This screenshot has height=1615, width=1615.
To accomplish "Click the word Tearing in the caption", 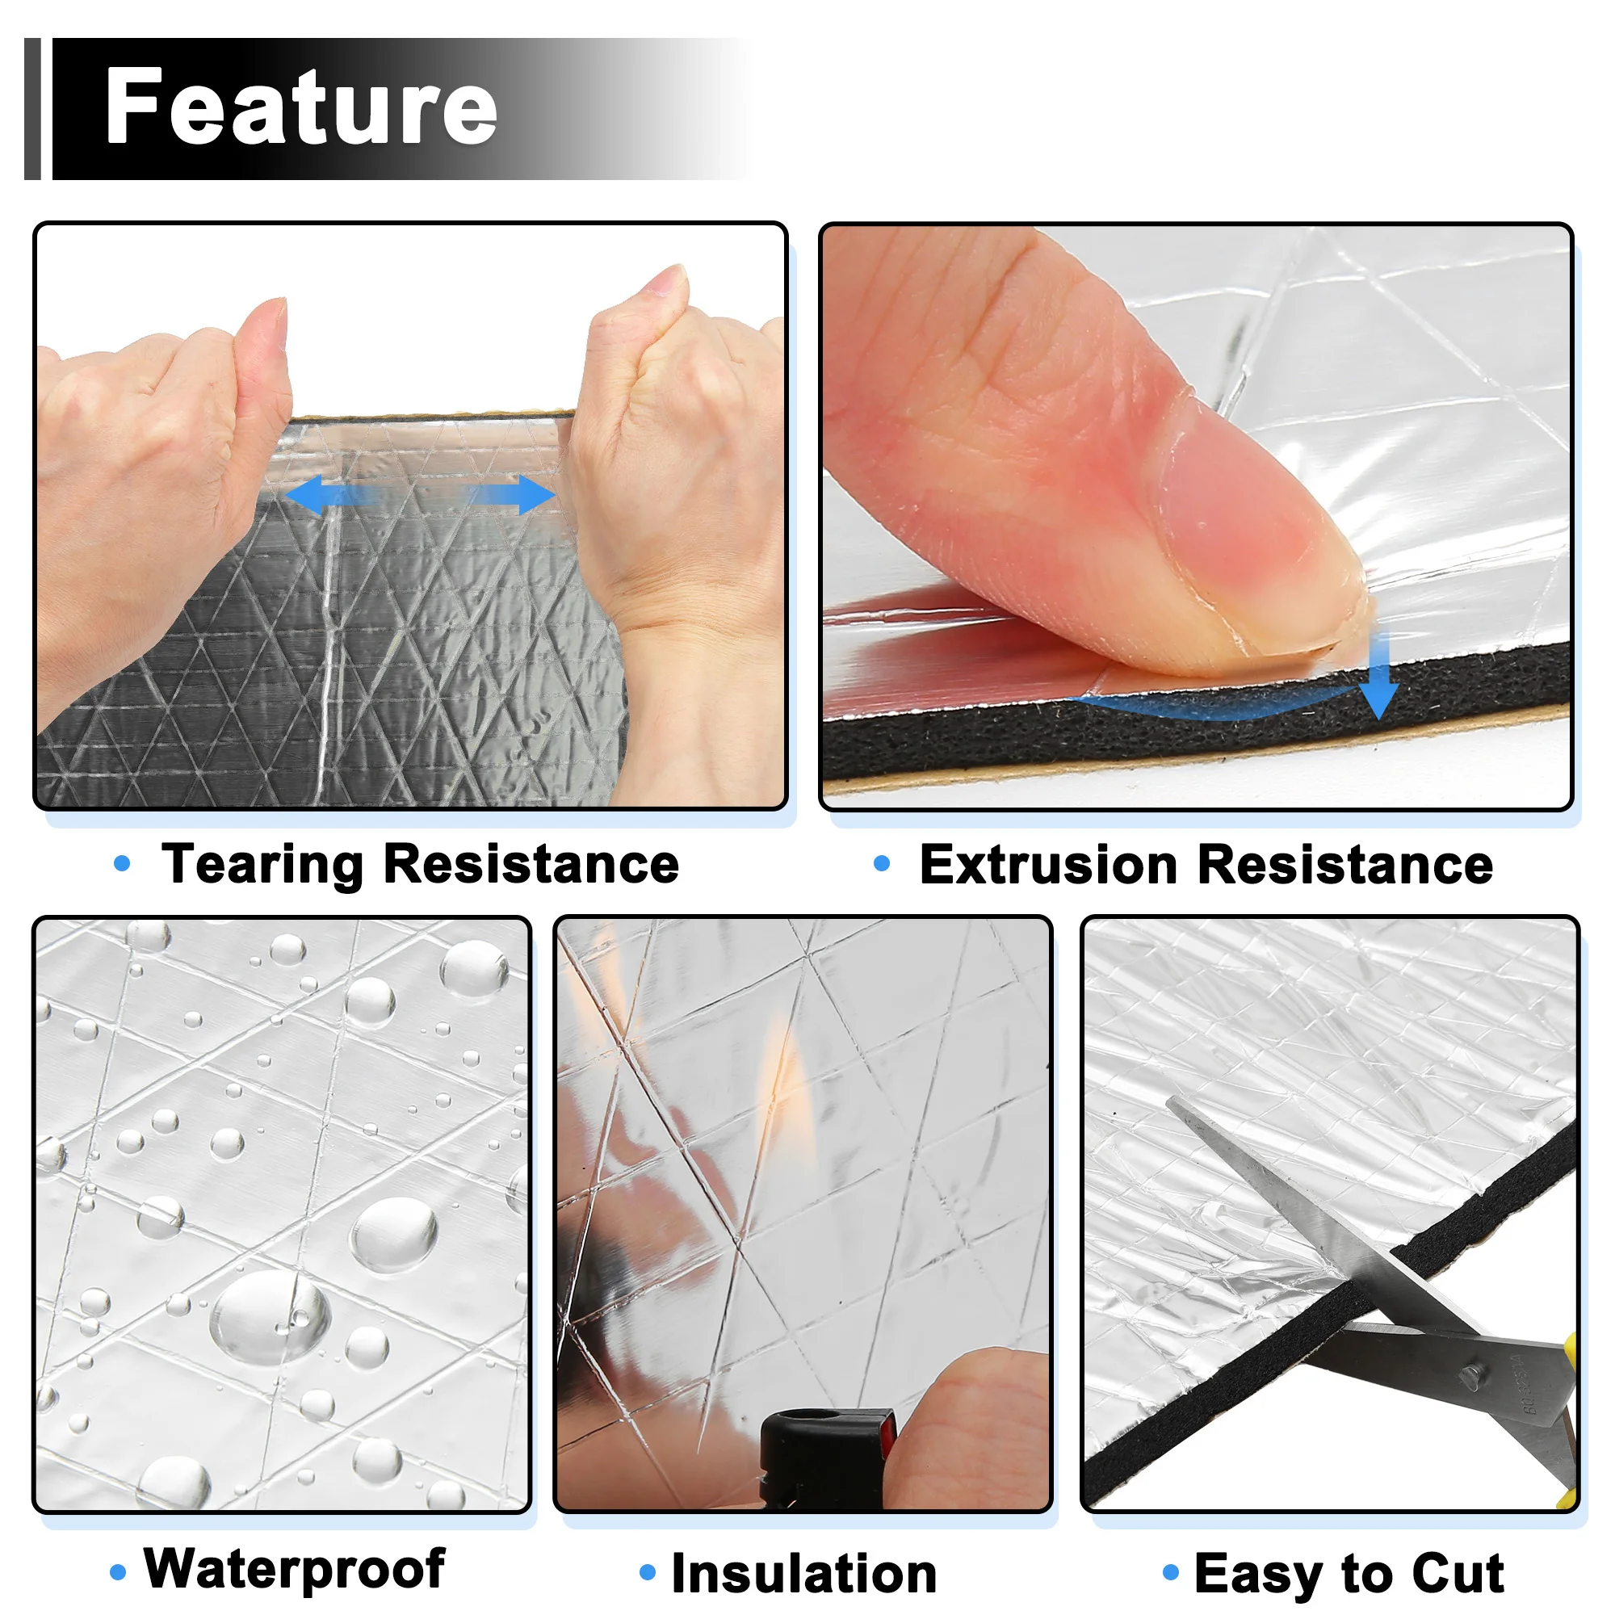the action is coord(263,865).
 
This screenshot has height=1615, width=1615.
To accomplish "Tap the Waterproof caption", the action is coord(294,1569).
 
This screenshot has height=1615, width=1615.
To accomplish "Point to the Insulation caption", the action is coord(804,1573).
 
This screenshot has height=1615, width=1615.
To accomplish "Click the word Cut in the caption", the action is coord(1458,1573).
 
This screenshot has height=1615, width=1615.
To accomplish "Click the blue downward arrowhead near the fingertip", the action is coord(1379,700).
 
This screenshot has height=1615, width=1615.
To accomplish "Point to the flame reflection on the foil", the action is coord(781,1078).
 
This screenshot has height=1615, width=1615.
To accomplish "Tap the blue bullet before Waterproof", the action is coord(118,1572).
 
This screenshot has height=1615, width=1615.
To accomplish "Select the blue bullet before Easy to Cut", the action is coord(1171,1572).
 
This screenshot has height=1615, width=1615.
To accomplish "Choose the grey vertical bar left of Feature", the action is coord(32,109).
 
